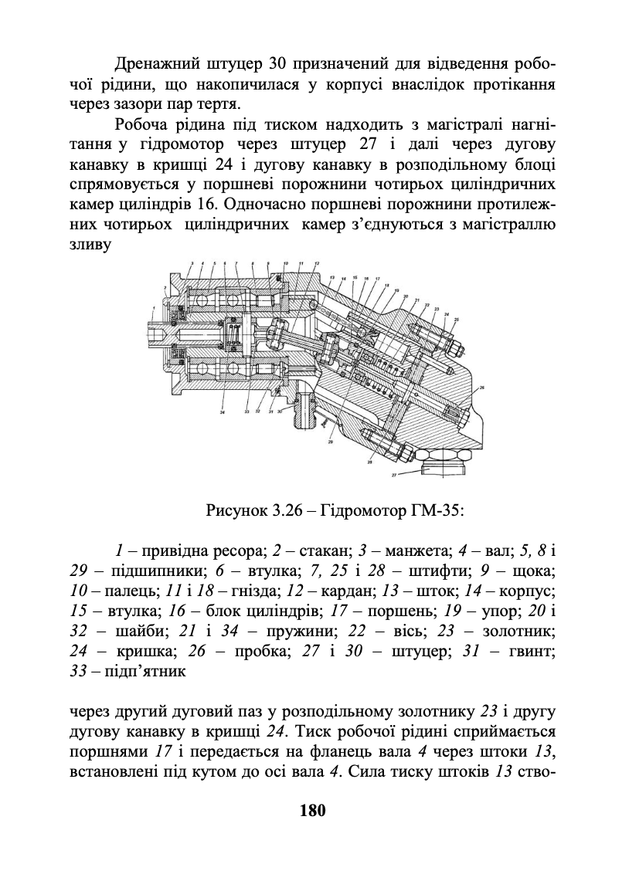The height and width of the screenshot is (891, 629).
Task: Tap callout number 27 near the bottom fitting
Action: (x=393, y=476)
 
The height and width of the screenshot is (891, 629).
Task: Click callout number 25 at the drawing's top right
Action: (x=457, y=319)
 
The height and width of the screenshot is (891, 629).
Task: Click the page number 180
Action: (x=314, y=811)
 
